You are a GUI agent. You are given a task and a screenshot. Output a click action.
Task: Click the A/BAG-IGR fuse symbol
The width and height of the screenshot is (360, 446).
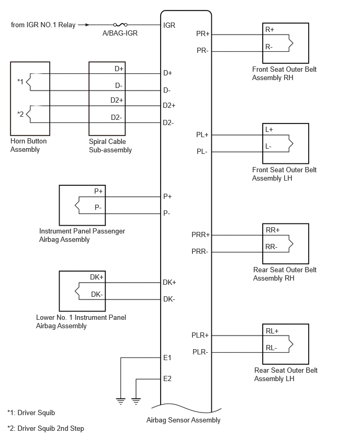pos(120,25)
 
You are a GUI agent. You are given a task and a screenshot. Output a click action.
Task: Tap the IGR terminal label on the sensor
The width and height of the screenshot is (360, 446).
pos(169,25)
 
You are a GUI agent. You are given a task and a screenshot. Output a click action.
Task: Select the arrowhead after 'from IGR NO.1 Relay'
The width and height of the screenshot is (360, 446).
pos(87,25)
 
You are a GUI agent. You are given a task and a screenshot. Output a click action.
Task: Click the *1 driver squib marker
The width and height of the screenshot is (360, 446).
pos(20,82)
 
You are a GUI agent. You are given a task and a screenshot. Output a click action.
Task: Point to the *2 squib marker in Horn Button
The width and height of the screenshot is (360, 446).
pos(20,114)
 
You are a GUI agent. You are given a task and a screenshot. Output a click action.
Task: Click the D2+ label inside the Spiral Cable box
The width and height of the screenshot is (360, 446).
pos(117,100)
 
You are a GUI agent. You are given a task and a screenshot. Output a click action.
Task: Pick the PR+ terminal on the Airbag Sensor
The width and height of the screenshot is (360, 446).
pos(203,34)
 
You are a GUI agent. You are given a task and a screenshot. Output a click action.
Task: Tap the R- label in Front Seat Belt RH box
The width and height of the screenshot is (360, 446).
pos(269,47)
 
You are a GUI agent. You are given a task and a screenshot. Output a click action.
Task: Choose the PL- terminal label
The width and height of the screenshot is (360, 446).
pos(202,152)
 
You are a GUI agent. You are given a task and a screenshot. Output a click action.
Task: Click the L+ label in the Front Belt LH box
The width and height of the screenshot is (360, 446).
pos(269,130)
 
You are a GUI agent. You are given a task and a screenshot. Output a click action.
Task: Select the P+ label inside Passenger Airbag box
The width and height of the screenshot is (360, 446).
pos(98,191)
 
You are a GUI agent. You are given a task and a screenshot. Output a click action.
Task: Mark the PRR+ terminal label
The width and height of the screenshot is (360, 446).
pos(200,235)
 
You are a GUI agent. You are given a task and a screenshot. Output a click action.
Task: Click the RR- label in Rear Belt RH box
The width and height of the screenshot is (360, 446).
pos(271,247)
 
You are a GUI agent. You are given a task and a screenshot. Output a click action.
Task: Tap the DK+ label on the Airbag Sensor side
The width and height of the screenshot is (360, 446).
pos(170,282)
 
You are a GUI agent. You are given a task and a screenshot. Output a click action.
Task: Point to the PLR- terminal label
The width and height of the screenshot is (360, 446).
pos(200,352)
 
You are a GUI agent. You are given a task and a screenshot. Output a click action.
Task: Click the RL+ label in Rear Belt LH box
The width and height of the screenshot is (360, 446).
pos(272,331)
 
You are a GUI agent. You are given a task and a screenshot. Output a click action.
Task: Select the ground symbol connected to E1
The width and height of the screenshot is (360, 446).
pos(121,402)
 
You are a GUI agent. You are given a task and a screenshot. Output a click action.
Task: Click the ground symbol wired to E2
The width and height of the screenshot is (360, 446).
pos(136,402)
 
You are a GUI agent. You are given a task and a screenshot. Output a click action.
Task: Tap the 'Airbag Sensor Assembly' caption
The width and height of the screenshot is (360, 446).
pos(184,420)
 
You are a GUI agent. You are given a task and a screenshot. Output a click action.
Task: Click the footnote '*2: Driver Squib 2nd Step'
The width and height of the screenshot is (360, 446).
pos(46,428)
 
